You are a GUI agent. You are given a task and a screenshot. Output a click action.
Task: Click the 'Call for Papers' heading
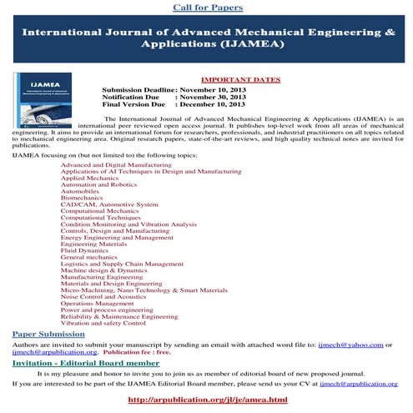(x=207, y=8)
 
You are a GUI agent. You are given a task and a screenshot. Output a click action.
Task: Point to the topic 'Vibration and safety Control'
(x=103, y=323)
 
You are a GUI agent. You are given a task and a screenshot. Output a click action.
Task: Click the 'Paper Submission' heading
(x=48, y=334)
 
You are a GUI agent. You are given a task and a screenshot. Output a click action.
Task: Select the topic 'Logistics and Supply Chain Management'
(x=122, y=263)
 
